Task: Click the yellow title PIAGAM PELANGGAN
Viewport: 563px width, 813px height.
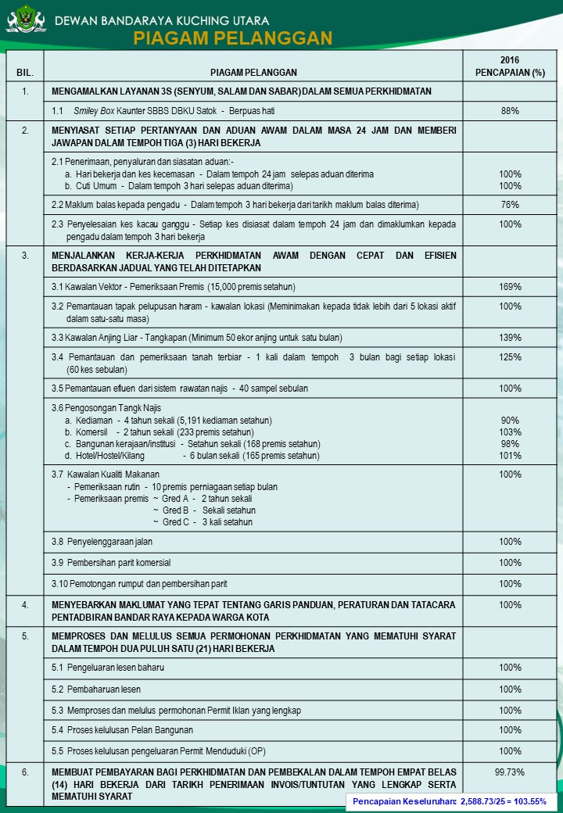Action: [x=232, y=38]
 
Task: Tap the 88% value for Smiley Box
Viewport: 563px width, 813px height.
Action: [x=510, y=111]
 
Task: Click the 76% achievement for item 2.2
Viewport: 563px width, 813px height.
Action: [x=510, y=205]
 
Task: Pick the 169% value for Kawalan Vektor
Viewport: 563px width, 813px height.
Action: [x=510, y=287]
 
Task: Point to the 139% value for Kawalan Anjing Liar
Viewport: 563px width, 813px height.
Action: [x=510, y=338]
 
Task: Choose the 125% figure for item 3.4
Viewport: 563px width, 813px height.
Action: [x=510, y=357]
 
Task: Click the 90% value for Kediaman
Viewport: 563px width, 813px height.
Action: [x=510, y=421]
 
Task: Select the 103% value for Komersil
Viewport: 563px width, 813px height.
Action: [x=510, y=432]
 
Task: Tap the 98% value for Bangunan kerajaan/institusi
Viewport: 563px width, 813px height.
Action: [x=510, y=444]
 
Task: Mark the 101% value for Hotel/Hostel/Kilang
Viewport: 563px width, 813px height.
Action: [x=510, y=456]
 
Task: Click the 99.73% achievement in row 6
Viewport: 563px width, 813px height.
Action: [x=510, y=772]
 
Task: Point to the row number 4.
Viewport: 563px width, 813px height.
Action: [x=25, y=605]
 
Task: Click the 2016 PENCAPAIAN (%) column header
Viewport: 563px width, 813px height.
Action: [x=510, y=66]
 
